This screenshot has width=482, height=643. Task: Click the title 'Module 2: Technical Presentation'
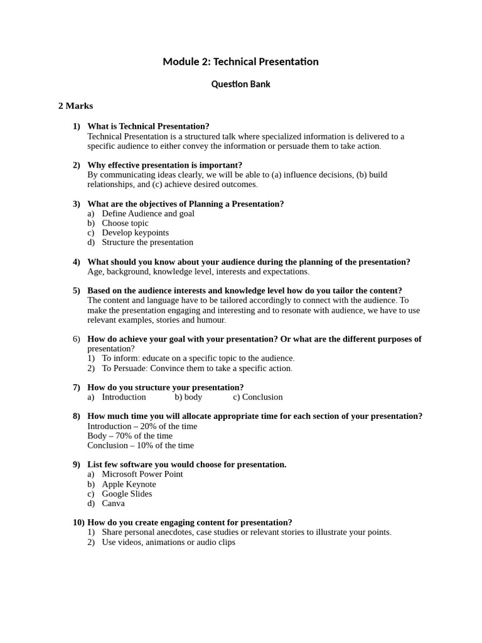coord(240,62)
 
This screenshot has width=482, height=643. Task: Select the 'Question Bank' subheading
coord(240,84)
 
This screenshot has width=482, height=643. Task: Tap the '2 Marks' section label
coord(75,106)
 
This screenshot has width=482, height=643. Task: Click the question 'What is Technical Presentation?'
coord(148,126)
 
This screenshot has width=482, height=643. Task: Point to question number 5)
coord(77,291)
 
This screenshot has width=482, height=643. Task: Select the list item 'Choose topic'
coord(125,223)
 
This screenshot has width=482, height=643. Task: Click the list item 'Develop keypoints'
coord(135,232)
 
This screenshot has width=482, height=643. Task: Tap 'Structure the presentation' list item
coord(147,242)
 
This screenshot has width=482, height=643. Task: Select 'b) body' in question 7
coord(188,397)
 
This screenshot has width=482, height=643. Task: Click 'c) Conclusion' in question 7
coord(257,397)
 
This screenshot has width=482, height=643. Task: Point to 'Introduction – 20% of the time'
coord(142,426)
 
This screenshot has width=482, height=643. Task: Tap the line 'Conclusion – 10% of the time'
coord(141,445)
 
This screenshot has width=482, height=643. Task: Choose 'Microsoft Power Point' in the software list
coord(142,474)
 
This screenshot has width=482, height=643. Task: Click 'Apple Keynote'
coord(129,484)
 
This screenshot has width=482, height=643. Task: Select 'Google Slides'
coord(127,494)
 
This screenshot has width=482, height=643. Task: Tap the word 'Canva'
coord(113,503)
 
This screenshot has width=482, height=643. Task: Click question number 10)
coord(78,522)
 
